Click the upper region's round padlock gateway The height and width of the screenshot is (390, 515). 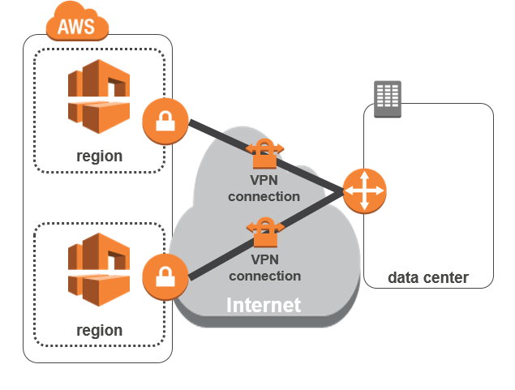click(165, 122)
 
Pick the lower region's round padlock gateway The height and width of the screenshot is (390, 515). click(165, 276)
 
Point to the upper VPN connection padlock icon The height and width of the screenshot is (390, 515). click(264, 152)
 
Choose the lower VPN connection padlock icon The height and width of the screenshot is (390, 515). click(264, 234)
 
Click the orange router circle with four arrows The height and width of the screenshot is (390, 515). click(364, 191)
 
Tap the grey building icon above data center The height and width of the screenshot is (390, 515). click(387, 98)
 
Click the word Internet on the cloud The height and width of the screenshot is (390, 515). click(263, 305)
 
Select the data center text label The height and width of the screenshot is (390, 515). click(427, 277)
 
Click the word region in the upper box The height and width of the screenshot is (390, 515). click(99, 156)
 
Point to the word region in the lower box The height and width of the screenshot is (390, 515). click(99, 330)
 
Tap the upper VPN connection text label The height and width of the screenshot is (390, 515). click(264, 189)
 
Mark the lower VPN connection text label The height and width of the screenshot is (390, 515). click(264, 268)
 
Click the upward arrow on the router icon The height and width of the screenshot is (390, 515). click(364, 178)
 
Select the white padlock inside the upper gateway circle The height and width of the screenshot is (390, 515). click(165, 122)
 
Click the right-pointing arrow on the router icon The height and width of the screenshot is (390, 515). click(378, 191)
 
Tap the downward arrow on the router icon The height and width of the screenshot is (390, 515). click(364, 205)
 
